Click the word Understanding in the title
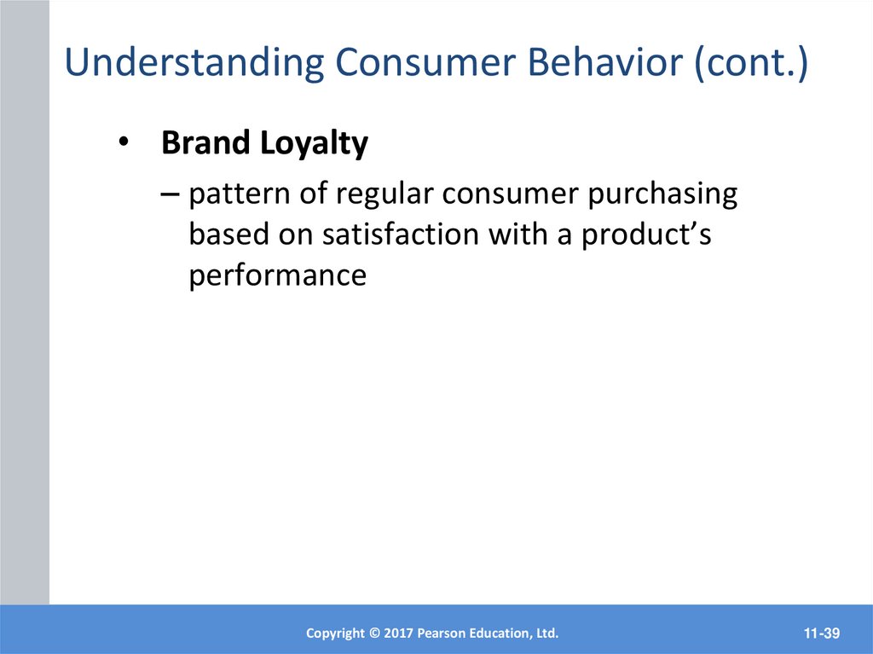click(x=194, y=62)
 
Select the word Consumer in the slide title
click(x=425, y=61)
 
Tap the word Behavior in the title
click(x=604, y=61)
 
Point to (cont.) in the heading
click(x=751, y=62)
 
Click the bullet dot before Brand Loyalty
click(x=124, y=142)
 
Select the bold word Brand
click(x=205, y=142)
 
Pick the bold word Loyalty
click(x=314, y=144)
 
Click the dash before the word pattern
click(x=170, y=194)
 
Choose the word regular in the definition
click(x=384, y=196)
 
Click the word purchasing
click(x=662, y=196)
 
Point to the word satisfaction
click(x=401, y=234)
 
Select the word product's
click(x=646, y=235)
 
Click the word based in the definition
click(x=228, y=234)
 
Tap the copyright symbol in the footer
click(x=374, y=634)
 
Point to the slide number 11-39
click(x=822, y=634)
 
